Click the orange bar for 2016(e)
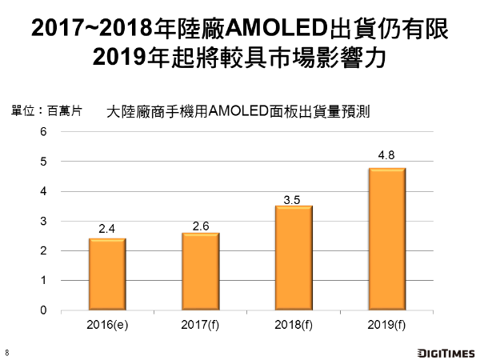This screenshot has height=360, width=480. coord(107,274)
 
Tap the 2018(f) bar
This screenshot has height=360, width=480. coord(293,258)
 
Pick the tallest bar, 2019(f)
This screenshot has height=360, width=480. coord(386,239)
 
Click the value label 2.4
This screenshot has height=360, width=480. coord(107,230)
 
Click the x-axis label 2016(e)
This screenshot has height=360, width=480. coord(107,326)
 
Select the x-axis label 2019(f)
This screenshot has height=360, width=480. coord(386,326)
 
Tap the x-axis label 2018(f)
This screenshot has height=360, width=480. coord(293,326)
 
